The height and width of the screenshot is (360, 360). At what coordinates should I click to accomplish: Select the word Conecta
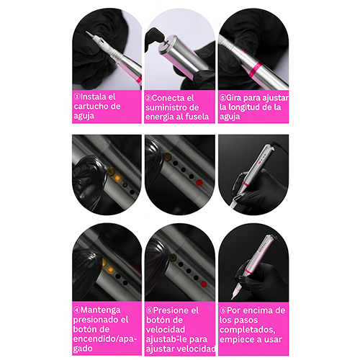pyautogui.click(x=167, y=98)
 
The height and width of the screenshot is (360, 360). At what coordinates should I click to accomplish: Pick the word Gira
pyautogui.click(x=234, y=98)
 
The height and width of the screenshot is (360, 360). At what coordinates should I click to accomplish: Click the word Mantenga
pyautogui.click(x=101, y=310)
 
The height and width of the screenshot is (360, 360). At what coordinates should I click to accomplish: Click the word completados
pyautogui.click(x=247, y=330)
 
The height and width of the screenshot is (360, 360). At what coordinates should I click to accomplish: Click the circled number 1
pyautogui.click(x=77, y=96)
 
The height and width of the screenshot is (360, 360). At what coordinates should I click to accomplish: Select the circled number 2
pyautogui.click(x=148, y=98)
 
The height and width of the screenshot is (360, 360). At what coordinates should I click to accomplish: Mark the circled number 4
pyautogui.click(x=77, y=310)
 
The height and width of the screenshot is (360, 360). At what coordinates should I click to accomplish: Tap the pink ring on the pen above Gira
pyautogui.click(x=255, y=68)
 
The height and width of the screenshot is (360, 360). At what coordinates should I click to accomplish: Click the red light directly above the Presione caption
pyautogui.click(x=204, y=284)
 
